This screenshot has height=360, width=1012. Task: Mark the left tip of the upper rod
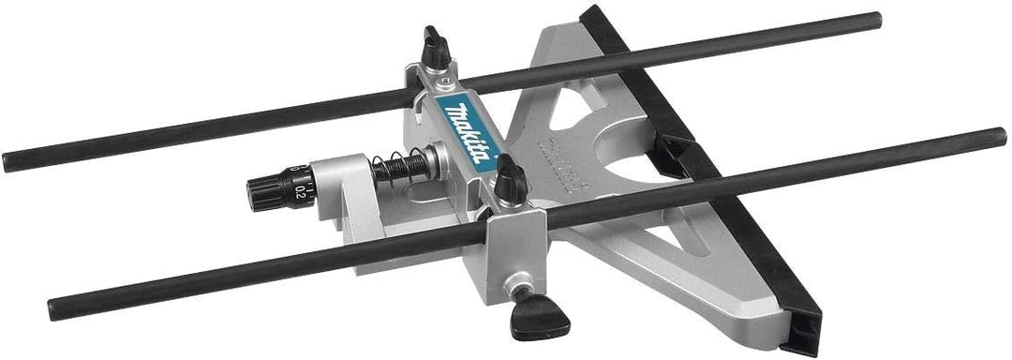coord(7,163)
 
